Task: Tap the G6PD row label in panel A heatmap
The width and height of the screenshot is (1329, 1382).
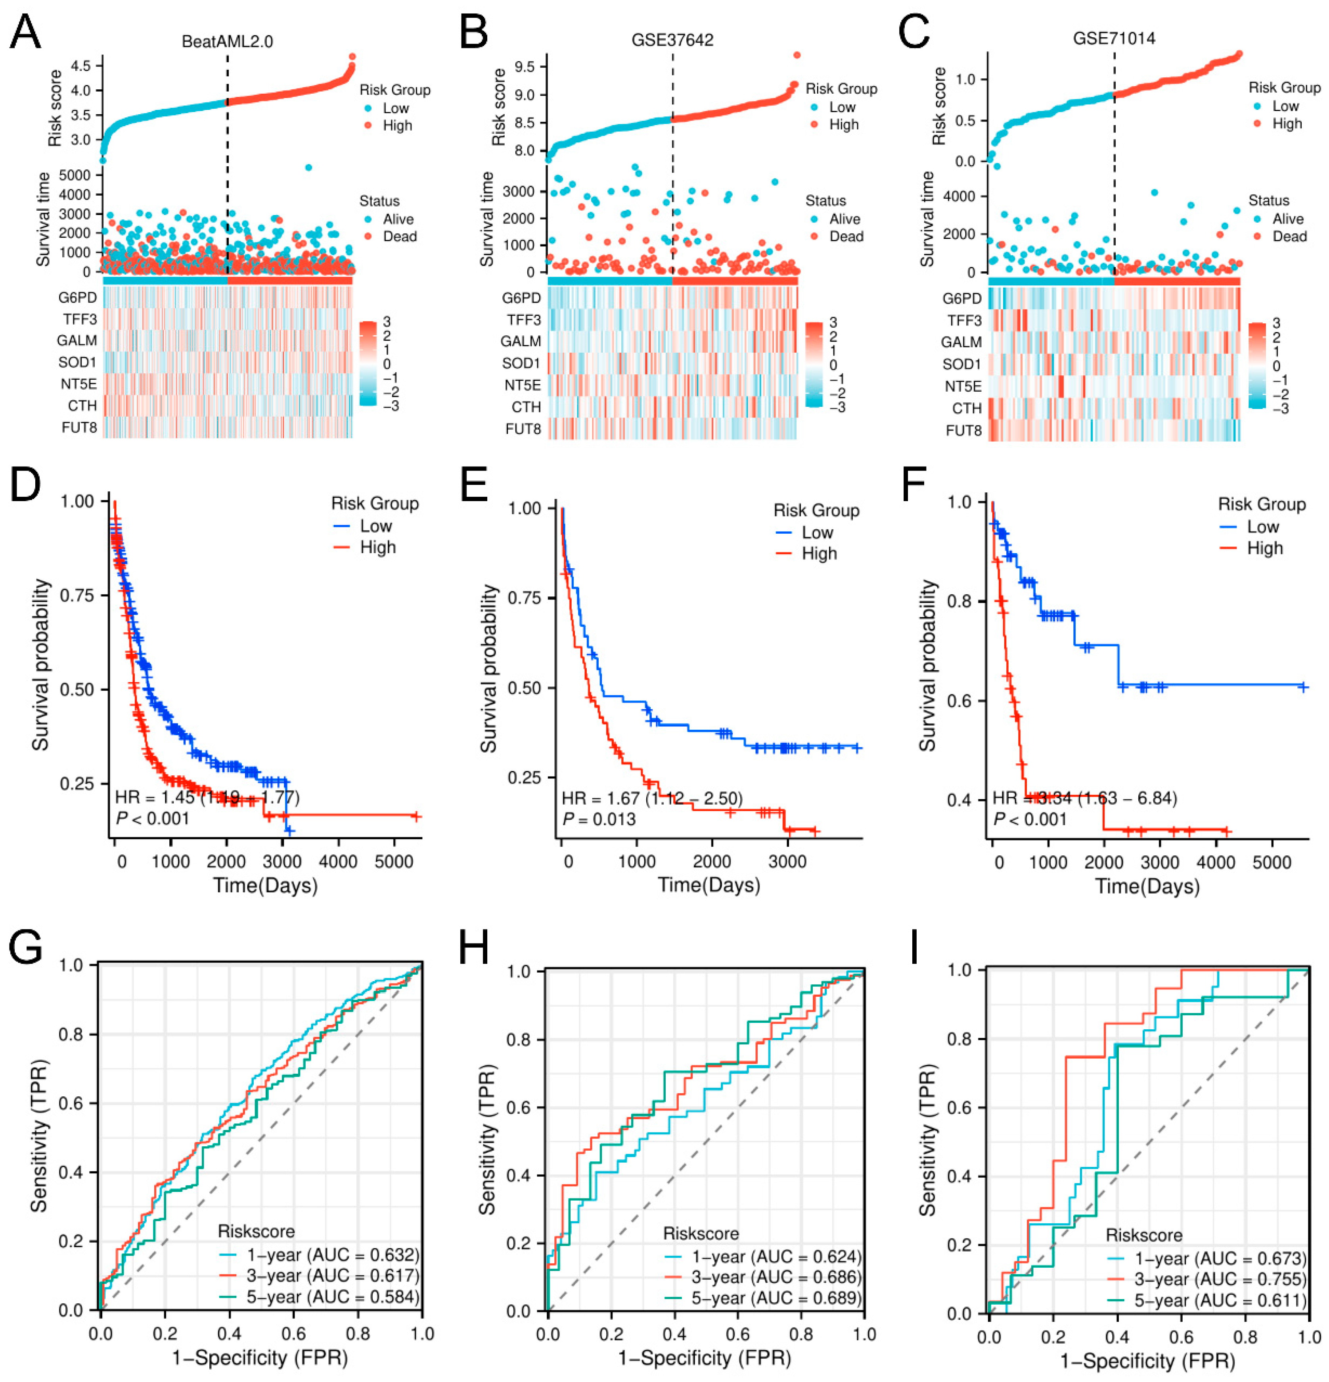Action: [78, 298]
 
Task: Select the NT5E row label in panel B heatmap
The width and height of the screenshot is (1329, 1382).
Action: [522, 385]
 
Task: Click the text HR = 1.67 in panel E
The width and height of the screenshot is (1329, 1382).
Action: [600, 798]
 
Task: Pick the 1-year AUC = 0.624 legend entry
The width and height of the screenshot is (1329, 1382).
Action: [775, 1257]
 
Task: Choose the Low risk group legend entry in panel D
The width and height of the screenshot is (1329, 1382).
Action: [375, 526]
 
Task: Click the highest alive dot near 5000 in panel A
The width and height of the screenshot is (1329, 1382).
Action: [308, 167]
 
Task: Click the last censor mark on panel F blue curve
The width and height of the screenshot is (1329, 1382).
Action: [1303, 687]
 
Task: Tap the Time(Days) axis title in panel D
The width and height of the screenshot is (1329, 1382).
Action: [265, 885]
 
